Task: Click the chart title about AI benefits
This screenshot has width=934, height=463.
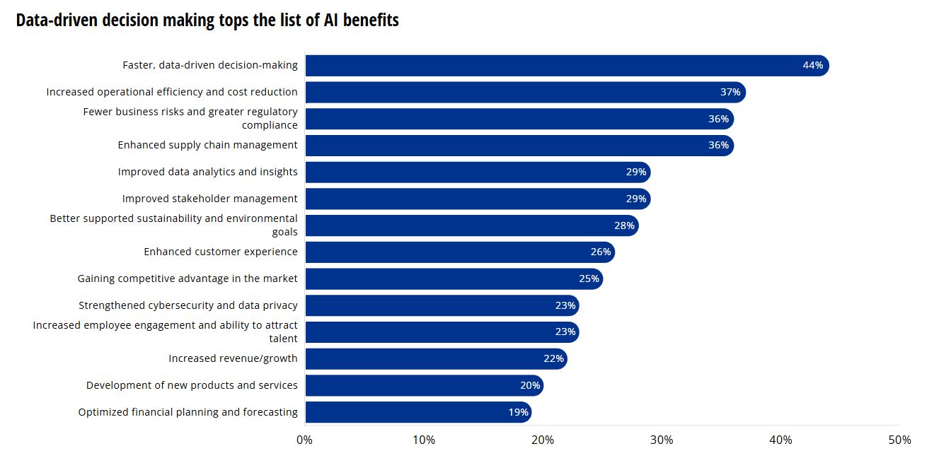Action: tap(207, 20)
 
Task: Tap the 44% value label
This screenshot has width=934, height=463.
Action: tap(812, 66)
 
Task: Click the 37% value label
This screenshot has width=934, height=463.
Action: tap(730, 93)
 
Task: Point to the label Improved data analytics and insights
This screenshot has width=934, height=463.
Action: tap(207, 172)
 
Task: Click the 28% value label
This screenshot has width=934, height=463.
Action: tap(624, 225)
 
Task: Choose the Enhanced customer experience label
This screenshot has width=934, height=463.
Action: tap(221, 252)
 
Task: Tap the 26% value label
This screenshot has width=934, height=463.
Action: tap(601, 252)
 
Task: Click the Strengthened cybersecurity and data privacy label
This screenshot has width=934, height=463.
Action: tap(188, 305)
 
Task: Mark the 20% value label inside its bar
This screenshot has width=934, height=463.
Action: tap(530, 386)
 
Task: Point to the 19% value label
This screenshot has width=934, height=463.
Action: tap(518, 413)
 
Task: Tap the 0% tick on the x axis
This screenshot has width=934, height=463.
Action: tap(304, 440)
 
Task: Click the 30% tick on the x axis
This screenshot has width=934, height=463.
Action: tap(662, 440)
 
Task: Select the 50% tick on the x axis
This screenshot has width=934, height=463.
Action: tap(899, 440)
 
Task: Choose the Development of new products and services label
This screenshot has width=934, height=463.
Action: tap(192, 385)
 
